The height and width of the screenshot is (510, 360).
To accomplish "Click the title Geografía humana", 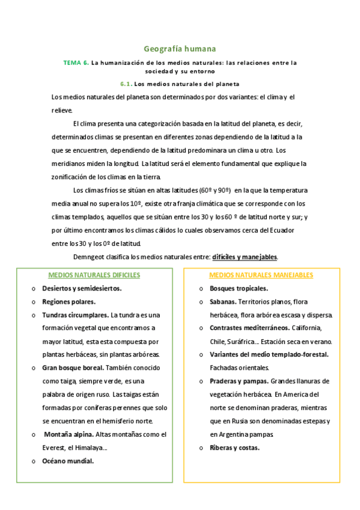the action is coord(180,48).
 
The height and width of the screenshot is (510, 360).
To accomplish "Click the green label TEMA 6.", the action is coord(76,63).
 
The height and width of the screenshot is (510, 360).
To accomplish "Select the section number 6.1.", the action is coord(126,84).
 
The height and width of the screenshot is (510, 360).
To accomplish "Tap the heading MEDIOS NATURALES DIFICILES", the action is coord(94,275).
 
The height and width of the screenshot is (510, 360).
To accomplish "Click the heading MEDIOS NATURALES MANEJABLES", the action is coord(261,275).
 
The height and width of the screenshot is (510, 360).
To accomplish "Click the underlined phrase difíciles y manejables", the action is coord(245,257).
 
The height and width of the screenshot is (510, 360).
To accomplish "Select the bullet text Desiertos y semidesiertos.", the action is coord(82,288).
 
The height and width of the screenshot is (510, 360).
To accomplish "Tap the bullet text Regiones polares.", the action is coord(69,301).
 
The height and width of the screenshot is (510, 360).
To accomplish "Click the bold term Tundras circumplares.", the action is coord(75,315).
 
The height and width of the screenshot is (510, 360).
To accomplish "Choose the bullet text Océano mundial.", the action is coord(68,461).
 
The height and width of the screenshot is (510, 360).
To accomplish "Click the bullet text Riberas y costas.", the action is coord(234,447).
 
